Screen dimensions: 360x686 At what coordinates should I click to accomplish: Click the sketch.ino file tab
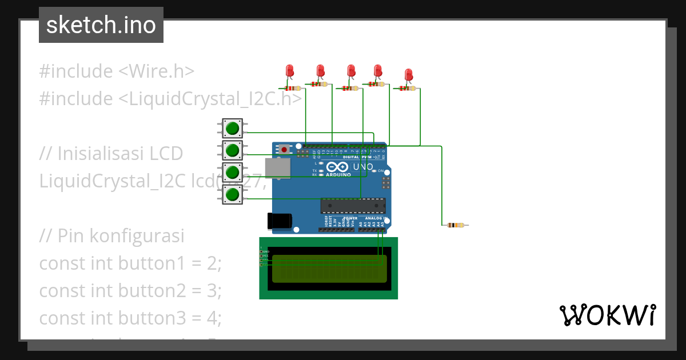(x=101, y=25)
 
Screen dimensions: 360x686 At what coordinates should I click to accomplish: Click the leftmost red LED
(x=290, y=71)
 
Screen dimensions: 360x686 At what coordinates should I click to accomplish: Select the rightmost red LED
(x=408, y=74)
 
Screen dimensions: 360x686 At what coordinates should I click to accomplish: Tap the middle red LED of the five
(x=351, y=71)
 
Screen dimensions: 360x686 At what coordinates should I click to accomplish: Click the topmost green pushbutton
(x=232, y=128)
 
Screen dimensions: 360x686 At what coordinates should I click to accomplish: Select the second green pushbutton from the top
(x=232, y=150)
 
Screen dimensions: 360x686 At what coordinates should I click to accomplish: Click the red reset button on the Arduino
(x=284, y=149)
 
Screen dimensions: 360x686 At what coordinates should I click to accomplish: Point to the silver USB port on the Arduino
(x=278, y=168)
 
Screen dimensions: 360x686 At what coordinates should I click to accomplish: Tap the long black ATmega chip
(x=353, y=205)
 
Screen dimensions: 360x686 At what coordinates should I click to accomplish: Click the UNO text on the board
(x=363, y=167)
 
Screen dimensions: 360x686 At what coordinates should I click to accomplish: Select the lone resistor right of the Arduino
(x=456, y=225)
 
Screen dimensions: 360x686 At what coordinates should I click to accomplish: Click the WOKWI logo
(x=607, y=315)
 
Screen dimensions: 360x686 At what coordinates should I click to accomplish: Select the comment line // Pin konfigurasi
(x=111, y=236)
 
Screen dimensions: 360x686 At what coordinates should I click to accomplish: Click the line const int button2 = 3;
(x=130, y=291)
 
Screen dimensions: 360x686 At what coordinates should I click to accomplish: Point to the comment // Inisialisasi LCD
(x=111, y=154)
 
